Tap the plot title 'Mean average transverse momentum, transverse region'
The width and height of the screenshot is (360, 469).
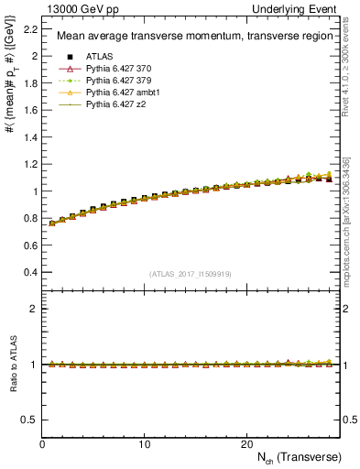coord(187,37)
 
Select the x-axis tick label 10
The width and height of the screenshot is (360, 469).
coord(145,443)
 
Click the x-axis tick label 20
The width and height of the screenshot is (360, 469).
coord(246,443)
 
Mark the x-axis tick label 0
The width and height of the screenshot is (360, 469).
coord(43,443)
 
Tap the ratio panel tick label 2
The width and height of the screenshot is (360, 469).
coord(36,309)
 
